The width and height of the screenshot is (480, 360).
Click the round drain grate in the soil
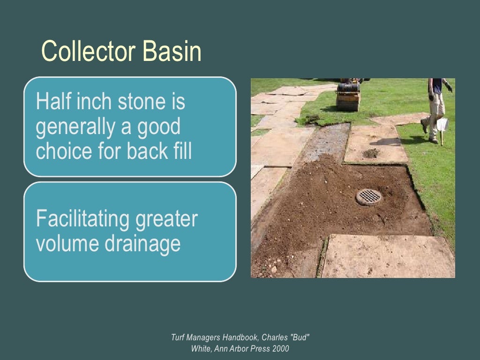click(x=369, y=197)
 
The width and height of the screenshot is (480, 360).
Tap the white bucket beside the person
click(x=442, y=125)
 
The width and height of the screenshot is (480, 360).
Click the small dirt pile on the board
click(x=371, y=153)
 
